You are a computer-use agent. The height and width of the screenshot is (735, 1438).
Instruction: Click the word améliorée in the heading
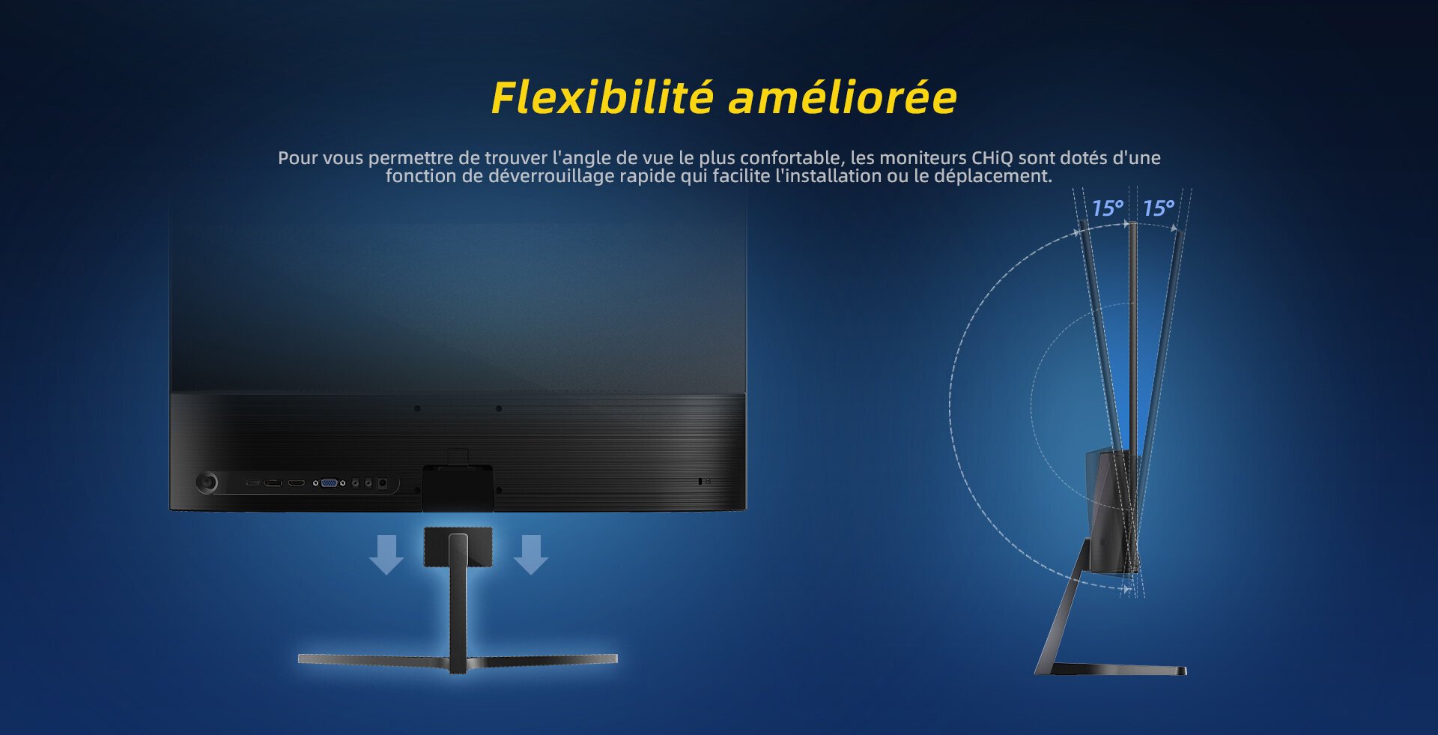(843, 98)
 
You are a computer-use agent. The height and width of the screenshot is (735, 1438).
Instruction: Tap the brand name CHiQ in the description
(992, 158)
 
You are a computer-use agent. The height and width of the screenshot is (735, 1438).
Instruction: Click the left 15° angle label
(1107, 208)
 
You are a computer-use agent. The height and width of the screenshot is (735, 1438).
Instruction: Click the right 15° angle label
(1158, 208)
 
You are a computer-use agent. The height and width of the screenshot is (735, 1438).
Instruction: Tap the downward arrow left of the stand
(386, 554)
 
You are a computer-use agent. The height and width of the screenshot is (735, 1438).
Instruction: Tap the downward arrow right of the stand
(531, 554)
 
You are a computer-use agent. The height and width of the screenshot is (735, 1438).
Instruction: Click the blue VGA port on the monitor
(329, 483)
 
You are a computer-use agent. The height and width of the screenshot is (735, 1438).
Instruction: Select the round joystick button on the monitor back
(207, 483)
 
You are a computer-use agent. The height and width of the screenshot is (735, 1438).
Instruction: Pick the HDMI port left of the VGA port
(297, 483)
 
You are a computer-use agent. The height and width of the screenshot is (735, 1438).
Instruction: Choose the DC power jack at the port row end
(383, 483)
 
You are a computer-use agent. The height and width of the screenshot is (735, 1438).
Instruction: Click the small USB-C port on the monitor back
(253, 483)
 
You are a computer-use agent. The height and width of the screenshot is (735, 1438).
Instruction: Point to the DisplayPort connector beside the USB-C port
(273, 483)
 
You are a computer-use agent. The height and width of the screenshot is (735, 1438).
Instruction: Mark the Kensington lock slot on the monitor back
(700, 481)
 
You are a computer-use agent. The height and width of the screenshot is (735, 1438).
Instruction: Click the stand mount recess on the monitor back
(458, 488)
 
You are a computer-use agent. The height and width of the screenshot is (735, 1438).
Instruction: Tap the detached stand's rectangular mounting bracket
(458, 546)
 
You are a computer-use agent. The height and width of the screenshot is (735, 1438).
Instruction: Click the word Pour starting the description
(298, 158)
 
